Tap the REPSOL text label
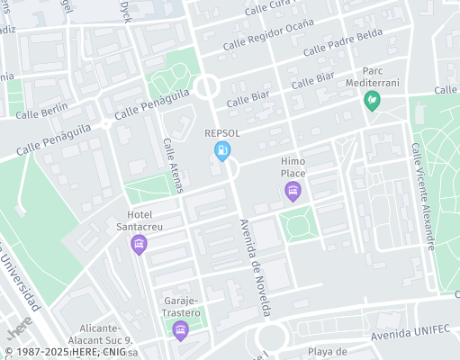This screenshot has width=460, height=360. point(222,131)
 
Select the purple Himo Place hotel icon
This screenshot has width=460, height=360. point(292,190)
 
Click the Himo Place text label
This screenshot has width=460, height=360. point(293,166)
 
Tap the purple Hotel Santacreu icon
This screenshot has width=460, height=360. point(139,244)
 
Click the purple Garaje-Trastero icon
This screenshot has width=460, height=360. point(180,330)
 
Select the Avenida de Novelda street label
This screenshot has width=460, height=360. point(255,267)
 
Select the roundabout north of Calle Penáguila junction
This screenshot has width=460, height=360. point(207,87)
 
